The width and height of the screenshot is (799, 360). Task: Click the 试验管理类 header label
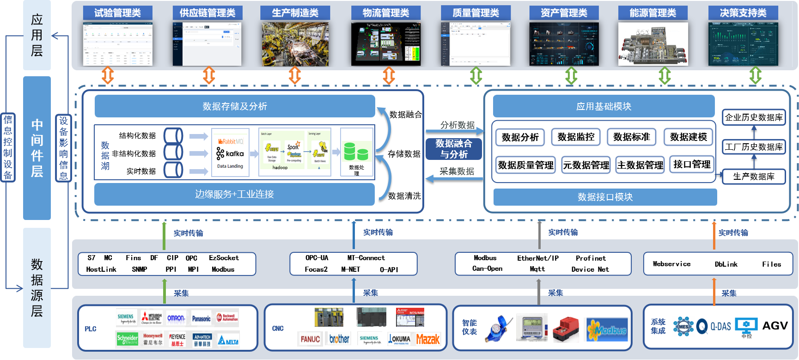[117, 13]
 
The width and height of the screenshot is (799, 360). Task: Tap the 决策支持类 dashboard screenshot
[743, 44]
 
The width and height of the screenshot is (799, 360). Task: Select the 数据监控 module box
[576, 137]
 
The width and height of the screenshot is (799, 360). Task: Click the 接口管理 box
[692, 164]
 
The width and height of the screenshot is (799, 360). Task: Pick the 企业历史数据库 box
[754, 117]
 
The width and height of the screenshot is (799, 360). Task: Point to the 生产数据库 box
[754, 177]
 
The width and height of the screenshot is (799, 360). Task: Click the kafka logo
[230, 153]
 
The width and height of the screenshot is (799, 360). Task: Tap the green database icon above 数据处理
[356, 151]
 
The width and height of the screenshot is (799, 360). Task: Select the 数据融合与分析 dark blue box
[454, 149]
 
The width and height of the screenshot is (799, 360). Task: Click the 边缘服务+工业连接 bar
[234, 194]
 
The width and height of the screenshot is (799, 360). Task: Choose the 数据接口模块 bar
[605, 197]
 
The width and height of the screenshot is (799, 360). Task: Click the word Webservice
[671, 264]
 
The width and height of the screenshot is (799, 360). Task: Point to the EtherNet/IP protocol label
[538, 258]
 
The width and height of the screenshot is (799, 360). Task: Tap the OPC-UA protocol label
[317, 258]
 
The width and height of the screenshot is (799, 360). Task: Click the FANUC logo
[310, 339]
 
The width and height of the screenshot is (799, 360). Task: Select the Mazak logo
[428, 340]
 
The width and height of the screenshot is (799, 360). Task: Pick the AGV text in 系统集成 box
[775, 326]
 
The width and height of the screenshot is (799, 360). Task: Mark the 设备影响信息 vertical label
[63, 148]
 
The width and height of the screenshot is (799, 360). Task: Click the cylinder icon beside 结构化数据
[173, 136]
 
